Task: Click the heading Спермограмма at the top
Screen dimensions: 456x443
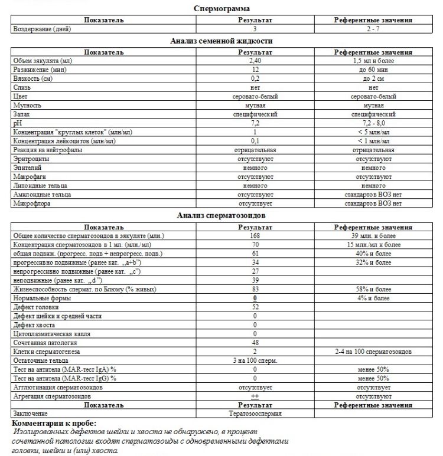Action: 221,8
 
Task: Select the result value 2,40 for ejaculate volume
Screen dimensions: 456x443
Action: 255,61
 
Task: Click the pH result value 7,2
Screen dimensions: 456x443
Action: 255,122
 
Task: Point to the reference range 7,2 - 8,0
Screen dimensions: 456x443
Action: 373,122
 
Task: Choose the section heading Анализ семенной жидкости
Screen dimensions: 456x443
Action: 221,41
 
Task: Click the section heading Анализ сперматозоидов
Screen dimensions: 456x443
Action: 221,215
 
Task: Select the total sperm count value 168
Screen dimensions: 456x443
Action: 255,236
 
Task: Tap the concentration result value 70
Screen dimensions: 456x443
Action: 255,244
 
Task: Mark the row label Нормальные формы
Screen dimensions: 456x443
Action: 42,298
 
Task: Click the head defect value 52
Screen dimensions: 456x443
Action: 255,307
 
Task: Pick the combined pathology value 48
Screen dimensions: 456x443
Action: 255,343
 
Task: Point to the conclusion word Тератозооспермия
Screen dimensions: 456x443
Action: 255,414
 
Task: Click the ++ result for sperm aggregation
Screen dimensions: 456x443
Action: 255,396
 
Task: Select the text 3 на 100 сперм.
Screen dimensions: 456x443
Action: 255,360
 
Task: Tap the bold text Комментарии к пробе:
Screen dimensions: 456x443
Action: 53,424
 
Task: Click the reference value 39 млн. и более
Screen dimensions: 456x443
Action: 373,236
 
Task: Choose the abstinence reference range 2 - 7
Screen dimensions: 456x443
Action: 373,28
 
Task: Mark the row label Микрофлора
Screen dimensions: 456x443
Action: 32,204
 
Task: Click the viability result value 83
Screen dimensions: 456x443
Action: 255,289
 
